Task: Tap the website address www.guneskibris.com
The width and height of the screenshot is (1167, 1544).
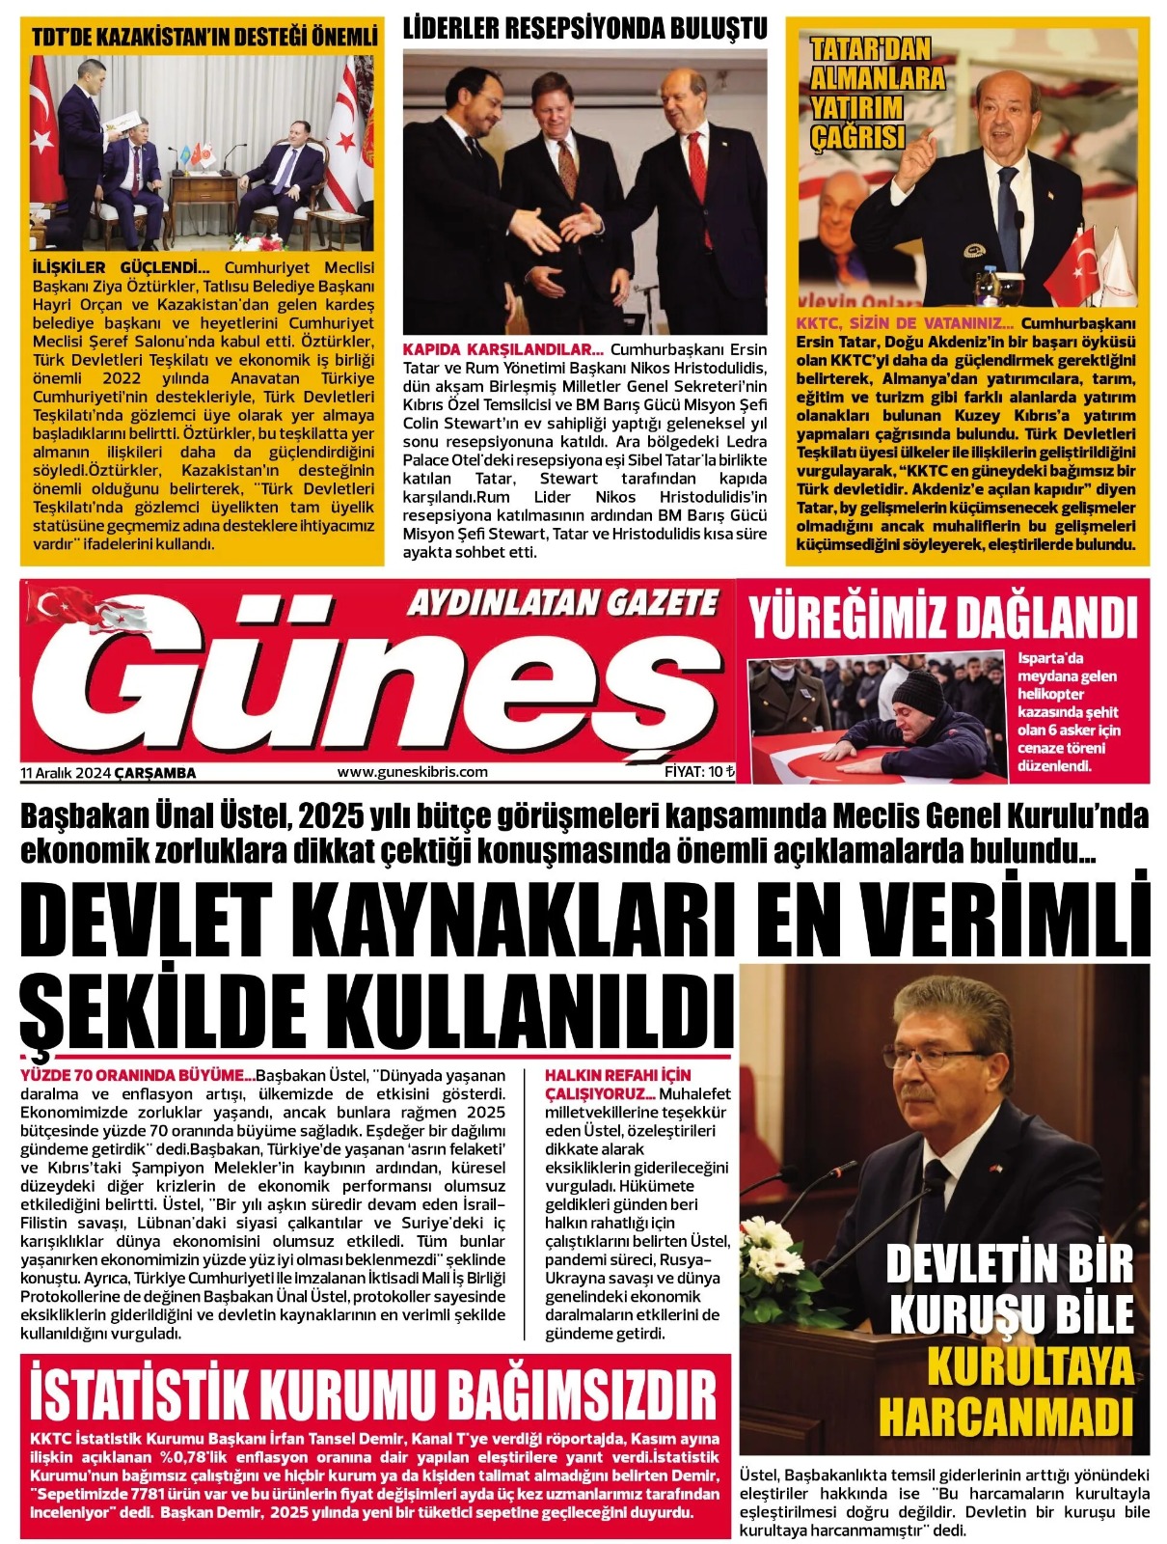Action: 412,772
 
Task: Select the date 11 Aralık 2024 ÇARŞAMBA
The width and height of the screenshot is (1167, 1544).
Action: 108,773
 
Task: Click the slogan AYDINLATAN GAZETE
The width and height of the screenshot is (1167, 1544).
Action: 562,604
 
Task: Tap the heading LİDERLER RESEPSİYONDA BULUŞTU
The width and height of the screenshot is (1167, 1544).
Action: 584,29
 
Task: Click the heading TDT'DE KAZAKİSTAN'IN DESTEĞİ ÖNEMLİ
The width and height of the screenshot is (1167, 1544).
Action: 204,37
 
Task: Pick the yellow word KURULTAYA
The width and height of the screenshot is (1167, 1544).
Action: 1030,1366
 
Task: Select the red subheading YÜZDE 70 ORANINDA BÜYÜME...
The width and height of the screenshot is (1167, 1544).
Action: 137,1075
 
